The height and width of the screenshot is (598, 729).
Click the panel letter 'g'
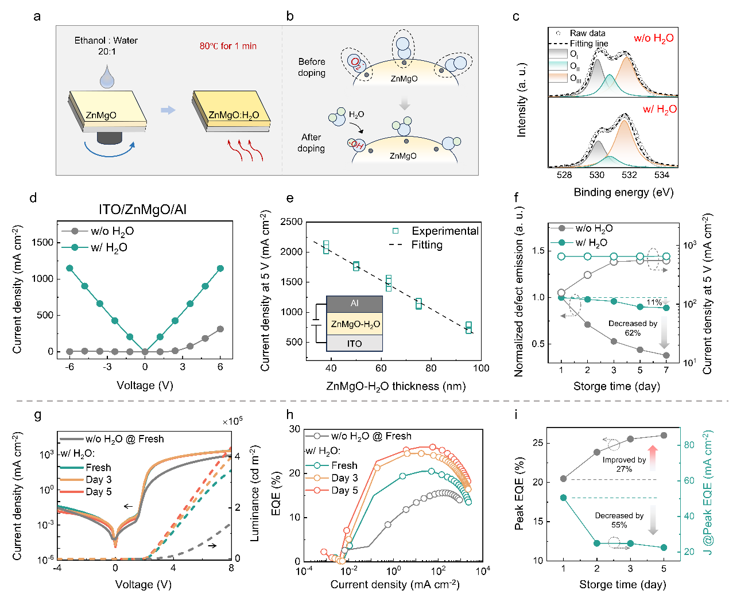pyautogui.click(x=38, y=415)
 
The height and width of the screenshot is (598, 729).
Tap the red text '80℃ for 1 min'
pyautogui.click(x=228, y=46)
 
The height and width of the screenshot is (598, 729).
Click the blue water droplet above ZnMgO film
pyautogui.click(x=107, y=77)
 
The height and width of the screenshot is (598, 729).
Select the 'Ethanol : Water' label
pyautogui.click(x=106, y=41)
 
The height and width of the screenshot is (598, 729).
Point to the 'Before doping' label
pyautogui.click(x=312, y=67)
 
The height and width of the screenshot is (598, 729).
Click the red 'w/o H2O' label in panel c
pyautogui.click(x=653, y=38)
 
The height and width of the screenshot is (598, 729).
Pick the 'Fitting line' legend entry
pyautogui.click(x=588, y=44)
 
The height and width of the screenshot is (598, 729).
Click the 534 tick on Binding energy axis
pyautogui.click(x=662, y=175)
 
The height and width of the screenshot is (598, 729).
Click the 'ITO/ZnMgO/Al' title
pyautogui.click(x=143, y=210)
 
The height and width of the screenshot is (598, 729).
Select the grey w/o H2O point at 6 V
pyautogui.click(x=220, y=329)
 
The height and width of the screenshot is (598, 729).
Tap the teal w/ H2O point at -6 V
pyautogui.click(x=69, y=268)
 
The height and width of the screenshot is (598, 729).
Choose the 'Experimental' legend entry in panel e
pyautogui.click(x=445, y=231)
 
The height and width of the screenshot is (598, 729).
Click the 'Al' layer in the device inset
pyautogui.click(x=354, y=303)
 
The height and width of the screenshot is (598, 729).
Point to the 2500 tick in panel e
pyautogui.click(x=292, y=222)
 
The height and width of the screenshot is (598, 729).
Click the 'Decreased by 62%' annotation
pyautogui.click(x=633, y=328)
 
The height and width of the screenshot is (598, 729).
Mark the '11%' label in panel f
pyautogui.click(x=654, y=302)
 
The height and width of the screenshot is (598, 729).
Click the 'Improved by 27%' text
pyautogui.click(x=624, y=464)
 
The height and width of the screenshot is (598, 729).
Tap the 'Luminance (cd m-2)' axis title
pyautogui.click(x=254, y=494)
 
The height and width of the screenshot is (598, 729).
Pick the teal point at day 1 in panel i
pyautogui.click(x=564, y=498)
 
